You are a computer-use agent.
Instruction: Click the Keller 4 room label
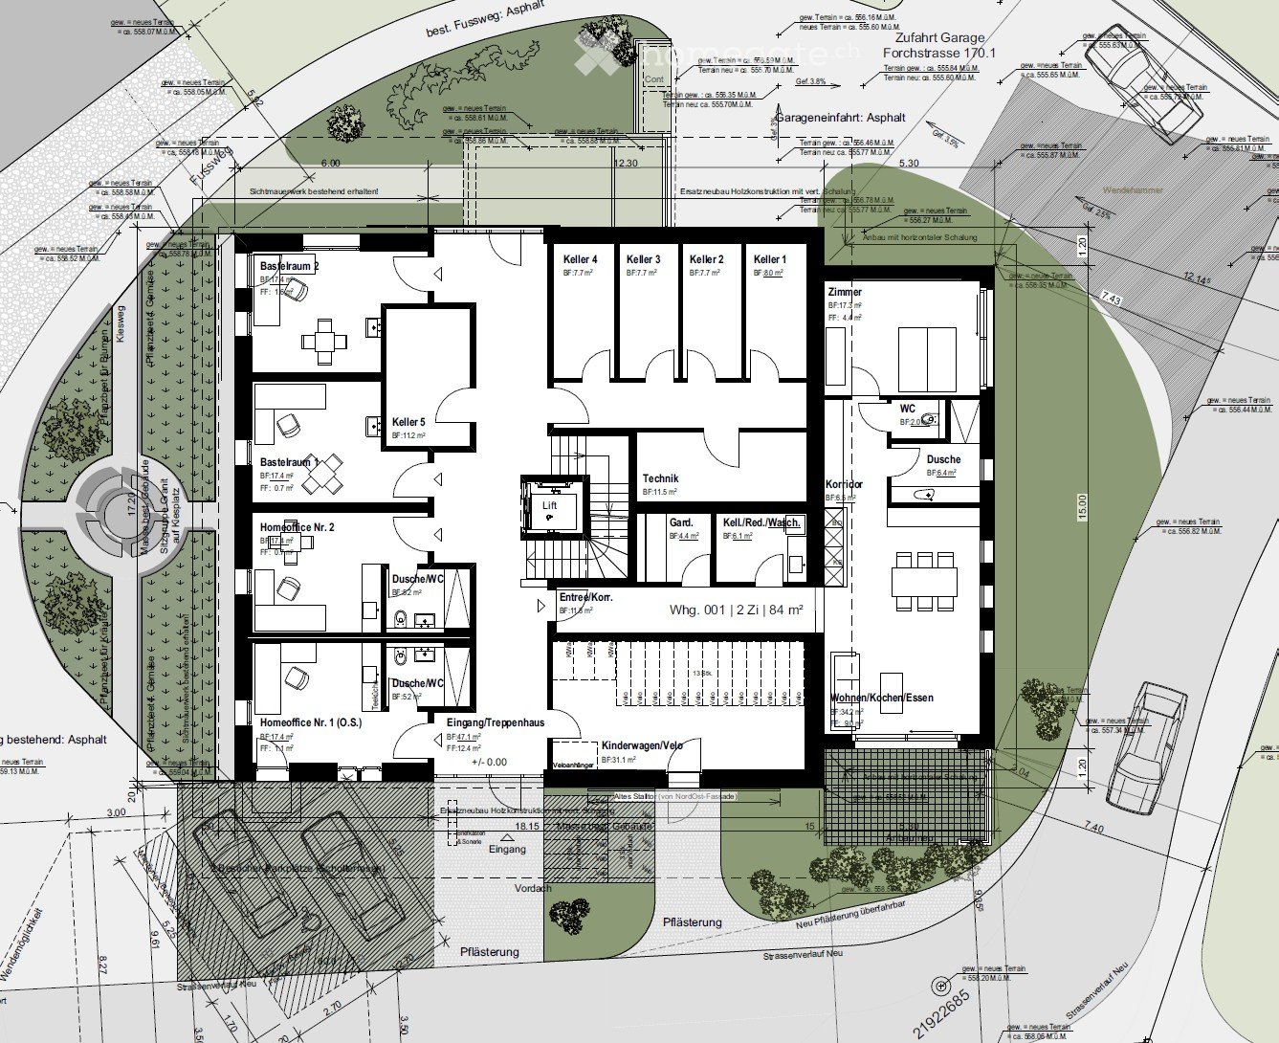pyautogui.click(x=580, y=259)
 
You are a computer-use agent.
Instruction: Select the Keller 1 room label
pyautogui.click(x=769, y=259)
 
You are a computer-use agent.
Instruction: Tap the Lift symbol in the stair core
pyautogui.click(x=549, y=506)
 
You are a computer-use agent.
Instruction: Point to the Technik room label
pyautogui.click(x=661, y=478)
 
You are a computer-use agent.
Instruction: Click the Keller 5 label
pyautogui.click(x=408, y=422)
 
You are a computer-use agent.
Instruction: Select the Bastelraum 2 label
pyautogui.click(x=289, y=265)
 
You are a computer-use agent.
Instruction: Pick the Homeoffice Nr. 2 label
pyautogui.click(x=297, y=527)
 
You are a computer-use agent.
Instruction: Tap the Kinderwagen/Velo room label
pyautogui.click(x=642, y=745)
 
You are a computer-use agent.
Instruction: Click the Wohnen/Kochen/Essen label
pyautogui.click(x=881, y=698)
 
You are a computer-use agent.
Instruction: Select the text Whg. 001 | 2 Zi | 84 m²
pyautogui.click(x=736, y=609)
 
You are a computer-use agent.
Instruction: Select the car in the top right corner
pyautogui.click(x=1142, y=80)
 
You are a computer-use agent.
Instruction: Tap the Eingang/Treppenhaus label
pyautogui.click(x=495, y=722)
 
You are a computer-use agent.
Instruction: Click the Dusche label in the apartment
pyautogui.click(x=943, y=459)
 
